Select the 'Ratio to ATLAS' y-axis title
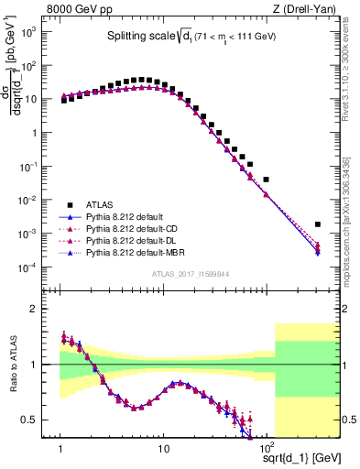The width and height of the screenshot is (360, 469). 13,365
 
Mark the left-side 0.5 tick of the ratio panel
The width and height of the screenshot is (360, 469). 40,420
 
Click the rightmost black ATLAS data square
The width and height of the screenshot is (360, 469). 317,224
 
